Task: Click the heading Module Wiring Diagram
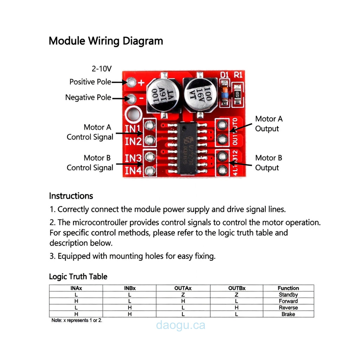coord(105,41)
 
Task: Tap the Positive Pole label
coord(90,82)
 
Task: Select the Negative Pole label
coord(88,97)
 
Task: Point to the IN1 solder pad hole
coord(150,125)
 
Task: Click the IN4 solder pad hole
coord(150,171)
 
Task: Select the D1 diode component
coord(224,92)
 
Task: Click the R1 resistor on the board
coord(238,94)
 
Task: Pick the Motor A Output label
coord(269,124)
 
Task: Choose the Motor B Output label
coord(269,163)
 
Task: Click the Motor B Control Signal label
coord(90,163)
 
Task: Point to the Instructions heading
coord(71,196)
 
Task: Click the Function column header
coord(288,288)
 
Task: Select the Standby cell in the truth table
coord(288,295)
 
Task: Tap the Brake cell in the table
coord(288,314)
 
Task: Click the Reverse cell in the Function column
coord(288,308)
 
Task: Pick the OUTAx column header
coord(183,288)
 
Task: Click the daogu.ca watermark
coord(181,325)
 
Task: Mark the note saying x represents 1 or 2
coord(77,321)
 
